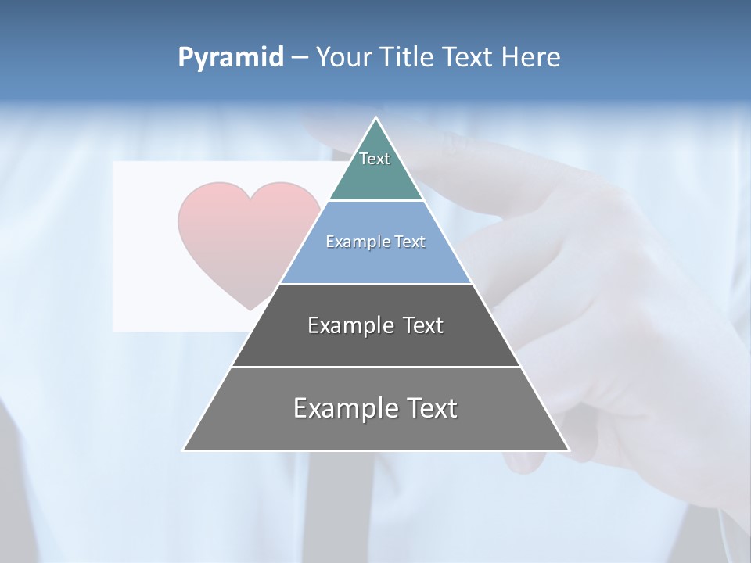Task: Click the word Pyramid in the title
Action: [230, 58]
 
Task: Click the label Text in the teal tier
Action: [375, 159]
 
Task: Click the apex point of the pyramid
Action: [376, 118]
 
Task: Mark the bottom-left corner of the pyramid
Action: [184, 450]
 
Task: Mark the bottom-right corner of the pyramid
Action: [569, 450]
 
